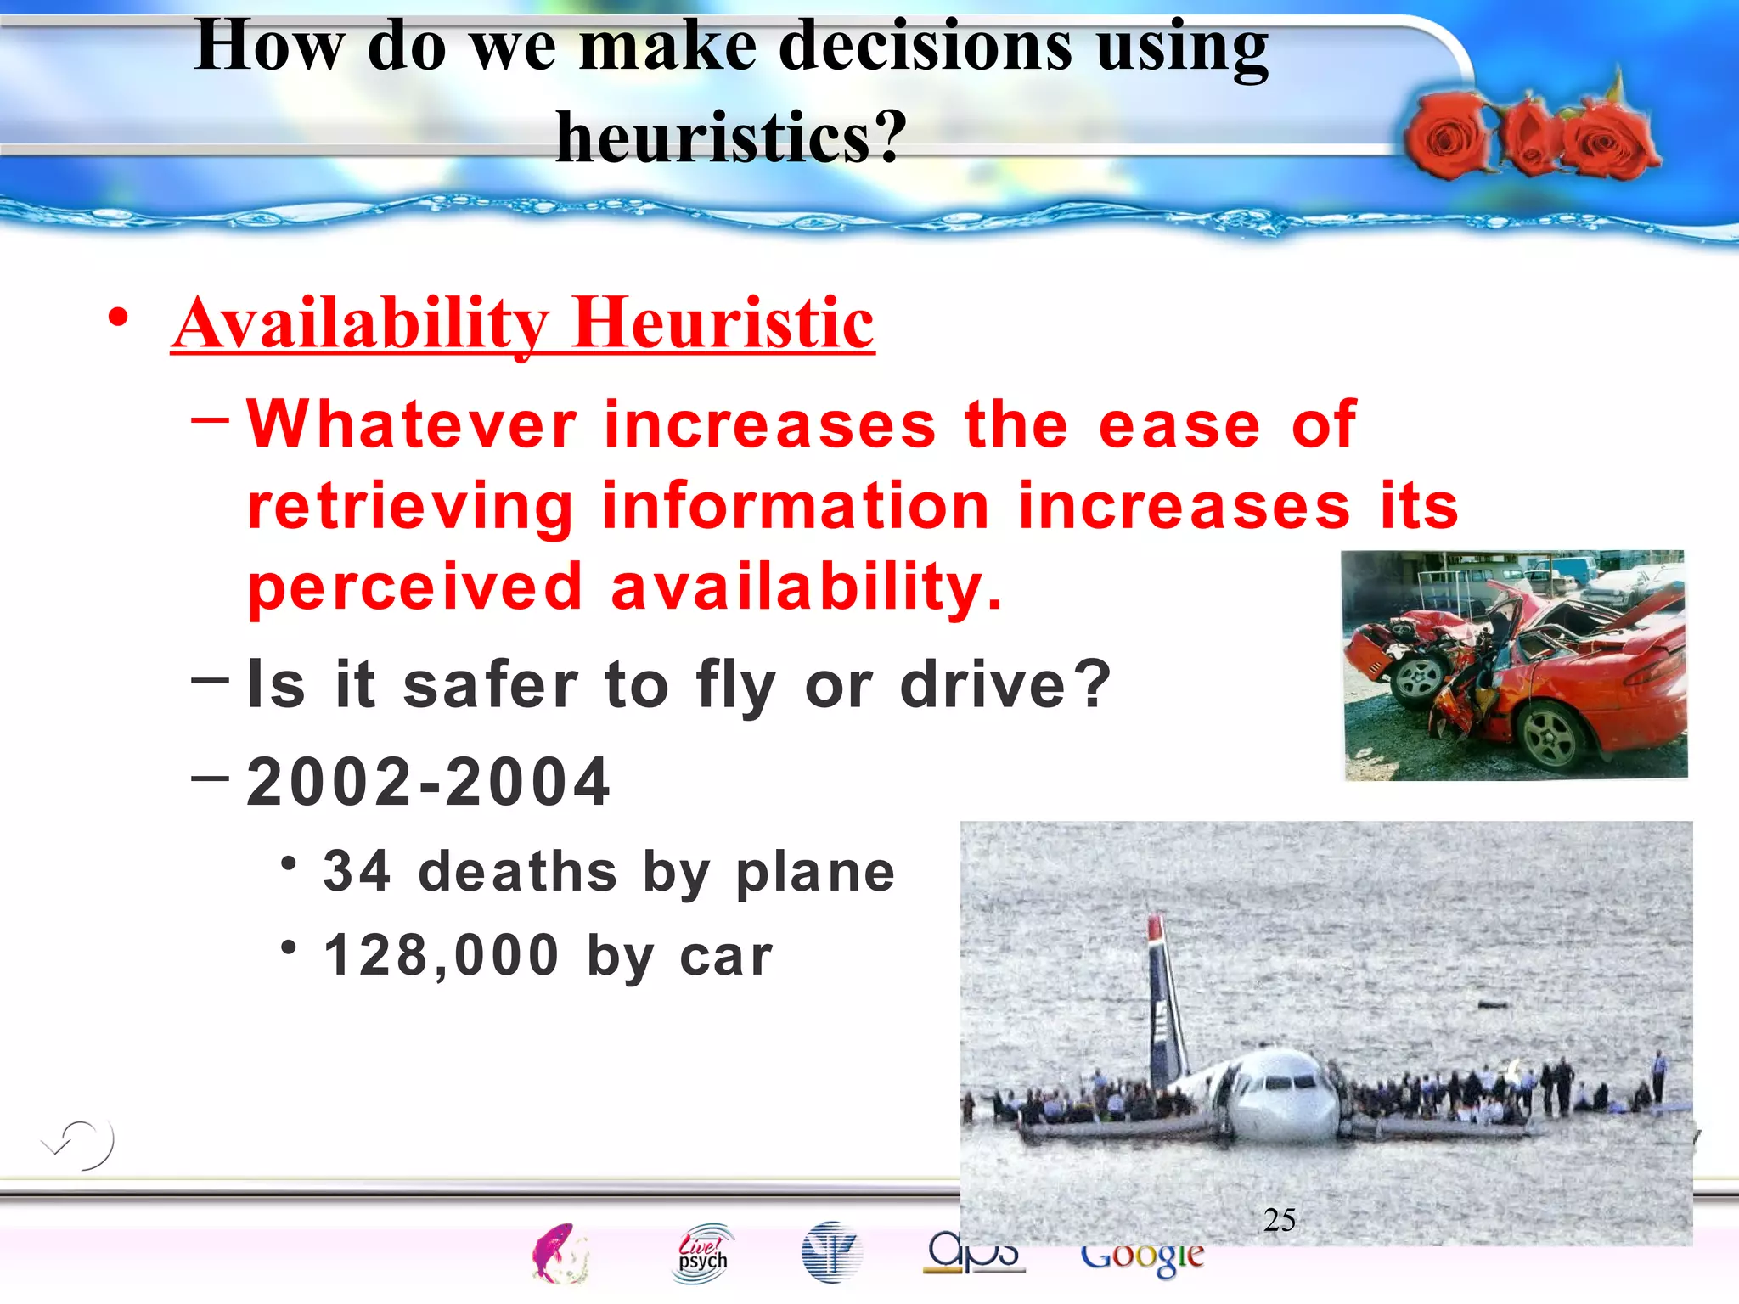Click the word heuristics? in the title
[x=731, y=137]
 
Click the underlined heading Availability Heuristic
[x=523, y=323]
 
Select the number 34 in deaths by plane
[x=357, y=871]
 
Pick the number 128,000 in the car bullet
[x=442, y=956]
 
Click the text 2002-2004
[x=428, y=782]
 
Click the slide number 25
[x=1279, y=1220]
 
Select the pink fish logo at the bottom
[x=558, y=1253]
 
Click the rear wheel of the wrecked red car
[x=1550, y=734]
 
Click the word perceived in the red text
[x=414, y=587]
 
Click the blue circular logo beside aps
[x=830, y=1251]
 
